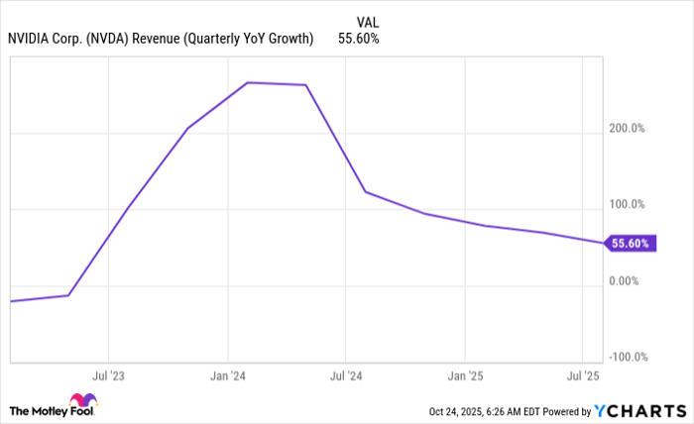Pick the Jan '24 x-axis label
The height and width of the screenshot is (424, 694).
228,376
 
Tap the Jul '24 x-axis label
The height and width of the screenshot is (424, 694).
345,376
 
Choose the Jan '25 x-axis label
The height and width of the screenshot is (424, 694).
465,376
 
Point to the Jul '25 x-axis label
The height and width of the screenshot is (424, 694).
582,376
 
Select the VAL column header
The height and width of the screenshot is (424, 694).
367,20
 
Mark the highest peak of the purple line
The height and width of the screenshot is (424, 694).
247,82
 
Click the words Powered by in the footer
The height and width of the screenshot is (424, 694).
563,410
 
